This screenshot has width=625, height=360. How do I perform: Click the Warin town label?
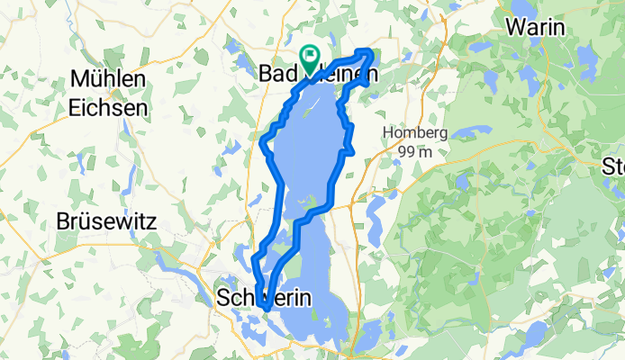coord(536,27)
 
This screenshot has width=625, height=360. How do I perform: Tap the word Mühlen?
coord(107,80)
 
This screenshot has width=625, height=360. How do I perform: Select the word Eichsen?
coord(107,106)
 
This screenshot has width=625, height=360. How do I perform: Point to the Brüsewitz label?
coord(107,220)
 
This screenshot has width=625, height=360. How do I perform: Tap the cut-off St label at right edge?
coord(615,166)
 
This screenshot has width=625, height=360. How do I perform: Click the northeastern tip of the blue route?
coord(370,52)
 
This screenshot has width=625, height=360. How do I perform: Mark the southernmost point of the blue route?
coord(267,309)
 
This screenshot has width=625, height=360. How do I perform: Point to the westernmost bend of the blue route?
coord(261,142)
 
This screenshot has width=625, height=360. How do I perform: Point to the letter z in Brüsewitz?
coord(149,220)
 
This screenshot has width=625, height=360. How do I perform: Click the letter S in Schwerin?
coord(224,298)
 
